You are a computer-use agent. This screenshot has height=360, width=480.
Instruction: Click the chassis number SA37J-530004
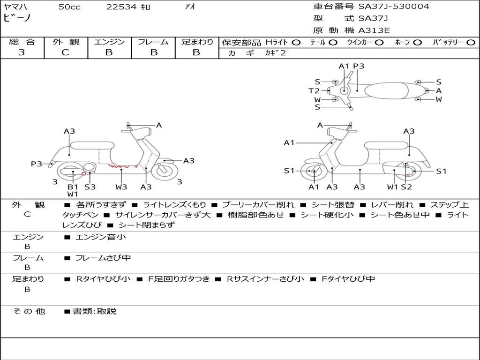coord(394,7)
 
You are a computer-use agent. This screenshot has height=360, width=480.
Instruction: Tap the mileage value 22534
coord(121,7)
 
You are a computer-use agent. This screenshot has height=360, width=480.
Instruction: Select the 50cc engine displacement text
coord(69,7)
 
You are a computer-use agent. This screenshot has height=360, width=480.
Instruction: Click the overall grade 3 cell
coord(22,52)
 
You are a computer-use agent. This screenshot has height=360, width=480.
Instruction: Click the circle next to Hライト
coord(296,42)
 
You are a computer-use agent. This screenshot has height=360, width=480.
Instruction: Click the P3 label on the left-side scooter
coord(37,164)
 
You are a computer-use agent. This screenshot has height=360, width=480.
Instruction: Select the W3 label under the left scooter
coord(121,187)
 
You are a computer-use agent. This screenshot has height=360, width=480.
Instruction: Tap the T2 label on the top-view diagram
coord(314,91)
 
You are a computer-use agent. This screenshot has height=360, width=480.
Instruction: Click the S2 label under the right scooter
coord(406,187)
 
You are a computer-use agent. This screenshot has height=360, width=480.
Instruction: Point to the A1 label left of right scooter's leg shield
coord(289,142)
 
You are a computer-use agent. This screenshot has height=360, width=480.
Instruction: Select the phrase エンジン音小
coord(101,237)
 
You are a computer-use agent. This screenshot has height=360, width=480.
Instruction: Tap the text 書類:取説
coord(94,311)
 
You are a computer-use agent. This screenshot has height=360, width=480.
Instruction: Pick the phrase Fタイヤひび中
coord(348,279)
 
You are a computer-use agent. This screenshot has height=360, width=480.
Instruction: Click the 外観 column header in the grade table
coord(66,42)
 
